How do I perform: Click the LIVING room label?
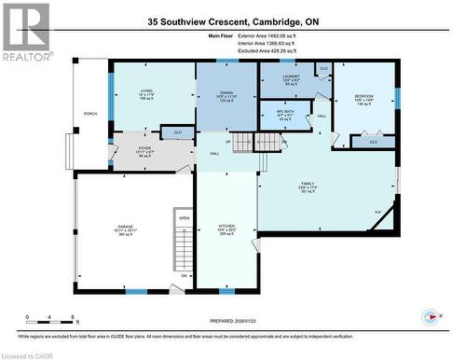[x=146, y=90]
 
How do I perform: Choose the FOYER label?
[x=144, y=147]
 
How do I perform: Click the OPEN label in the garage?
[x=185, y=220]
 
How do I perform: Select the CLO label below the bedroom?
[x=374, y=142]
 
